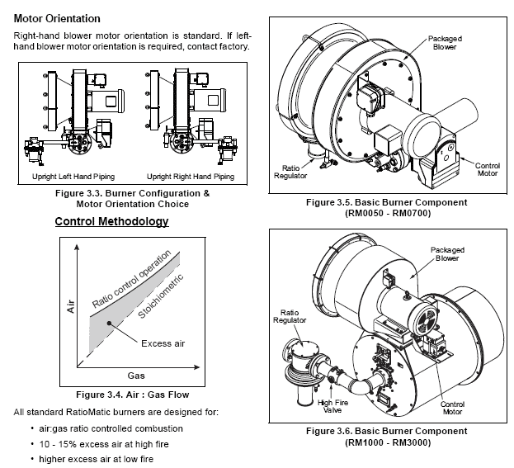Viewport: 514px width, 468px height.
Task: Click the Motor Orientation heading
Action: click(57, 19)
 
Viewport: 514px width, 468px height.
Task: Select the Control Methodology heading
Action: click(111, 221)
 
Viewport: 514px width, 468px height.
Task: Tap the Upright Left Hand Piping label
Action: click(73, 177)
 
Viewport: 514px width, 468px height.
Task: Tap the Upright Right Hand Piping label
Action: click(191, 177)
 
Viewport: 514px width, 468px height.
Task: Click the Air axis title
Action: click(71, 306)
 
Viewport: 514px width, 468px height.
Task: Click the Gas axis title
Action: click(136, 376)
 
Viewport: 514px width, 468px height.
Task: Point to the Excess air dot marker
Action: click(109, 324)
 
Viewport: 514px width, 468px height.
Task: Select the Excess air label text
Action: click(163, 343)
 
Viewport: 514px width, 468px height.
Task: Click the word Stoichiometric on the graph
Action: click(161, 296)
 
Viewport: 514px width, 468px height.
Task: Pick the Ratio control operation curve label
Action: click(131, 279)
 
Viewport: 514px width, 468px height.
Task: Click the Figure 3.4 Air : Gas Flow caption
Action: click(133, 395)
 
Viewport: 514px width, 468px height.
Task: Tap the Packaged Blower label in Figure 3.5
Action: click(445, 43)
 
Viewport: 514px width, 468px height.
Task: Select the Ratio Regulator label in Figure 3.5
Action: click(290, 172)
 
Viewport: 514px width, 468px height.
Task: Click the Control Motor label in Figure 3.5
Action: click(488, 169)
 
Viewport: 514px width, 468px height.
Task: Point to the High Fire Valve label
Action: click(332, 406)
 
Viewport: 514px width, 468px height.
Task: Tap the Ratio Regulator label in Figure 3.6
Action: click(290, 316)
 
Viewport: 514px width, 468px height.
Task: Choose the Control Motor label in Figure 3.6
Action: click(452, 408)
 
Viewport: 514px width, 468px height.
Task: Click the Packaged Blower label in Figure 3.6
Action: click(447, 254)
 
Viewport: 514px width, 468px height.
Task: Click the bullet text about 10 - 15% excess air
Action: click(104, 444)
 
